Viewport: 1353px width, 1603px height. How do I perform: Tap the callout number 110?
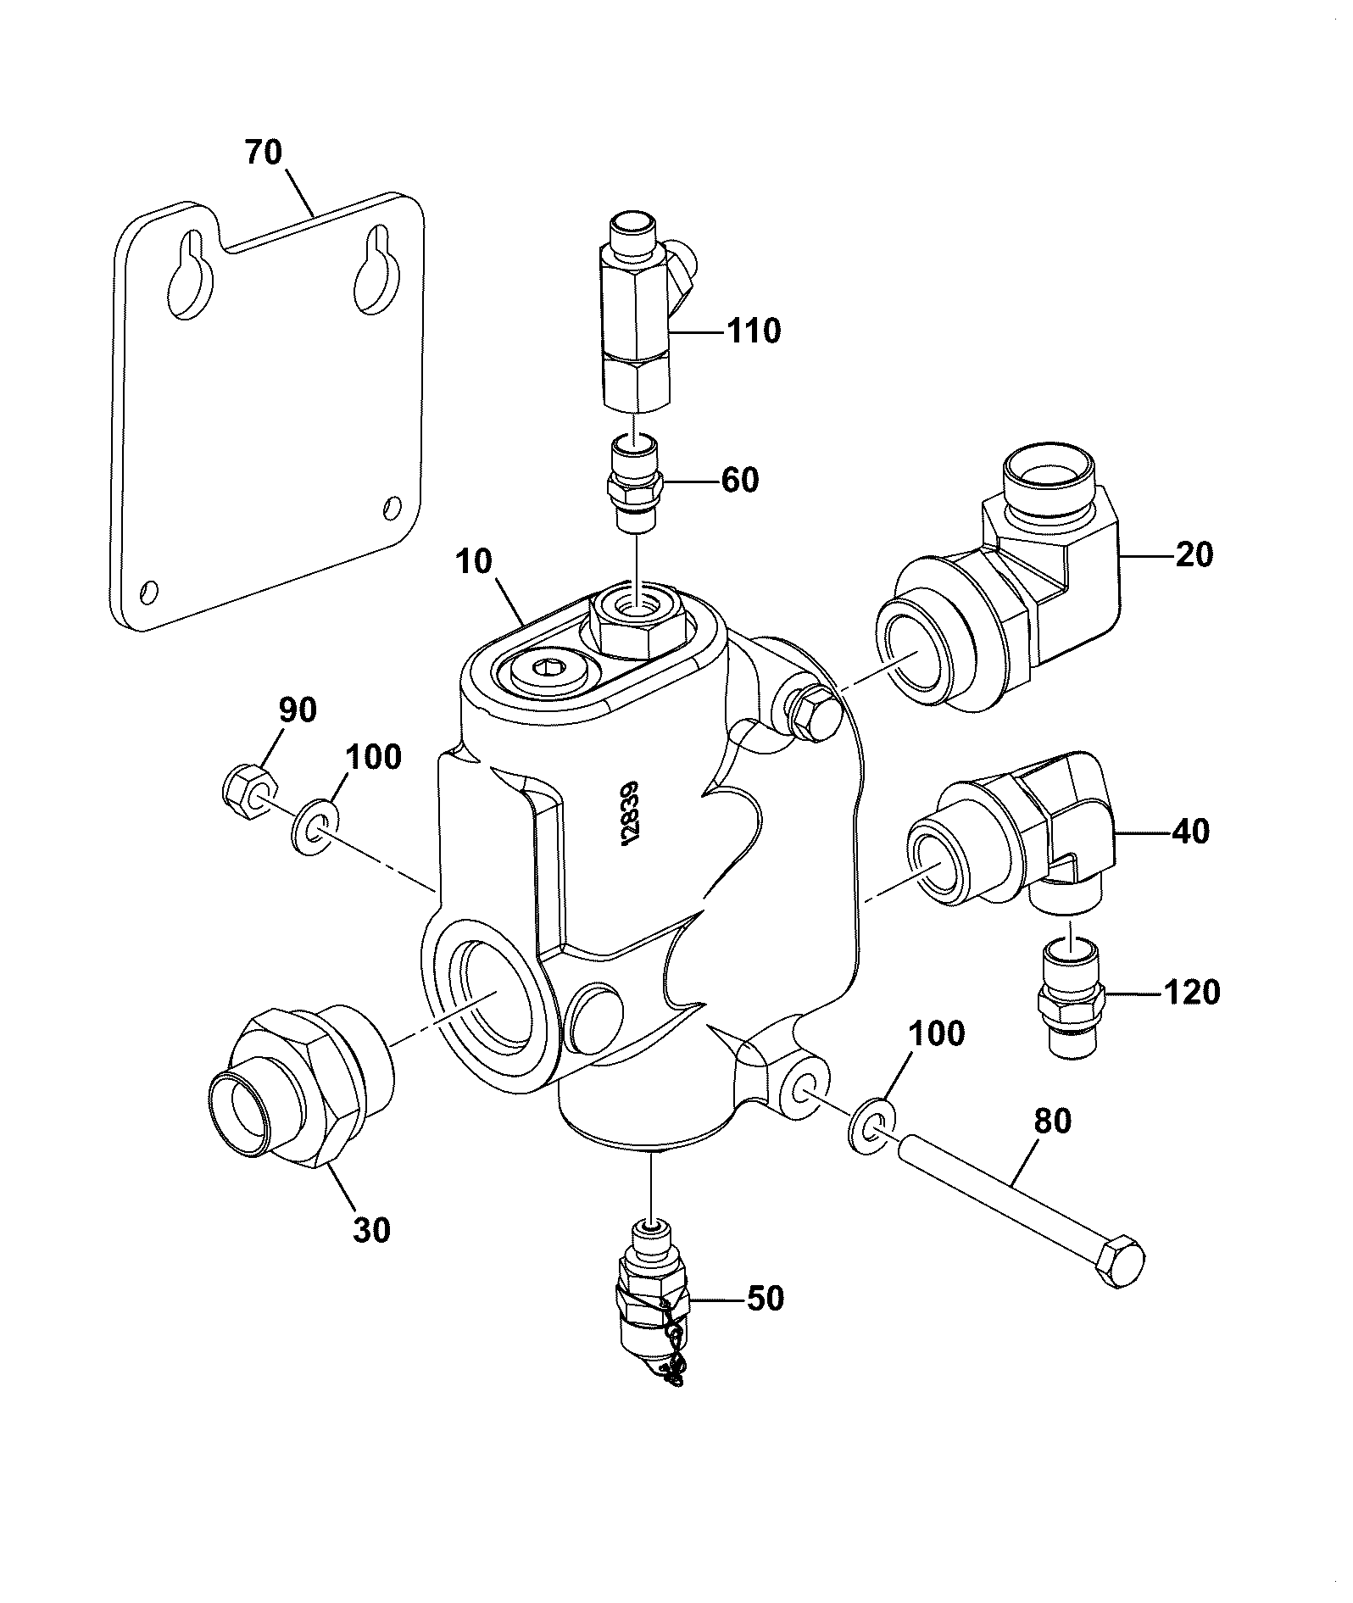click(x=754, y=331)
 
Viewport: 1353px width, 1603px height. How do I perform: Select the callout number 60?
click(x=740, y=481)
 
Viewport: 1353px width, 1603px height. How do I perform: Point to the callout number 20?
click(x=1194, y=555)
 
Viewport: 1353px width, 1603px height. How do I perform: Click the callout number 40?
click(x=1190, y=832)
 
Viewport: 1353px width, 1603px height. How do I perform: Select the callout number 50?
click(x=764, y=1299)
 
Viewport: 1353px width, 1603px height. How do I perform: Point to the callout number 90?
click(x=297, y=710)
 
